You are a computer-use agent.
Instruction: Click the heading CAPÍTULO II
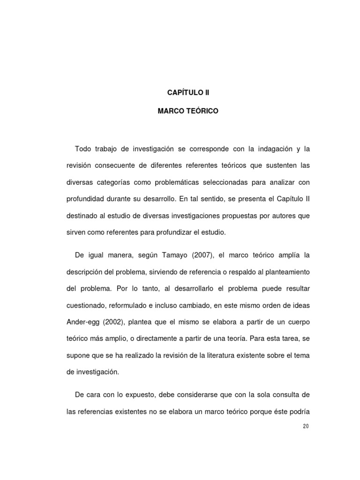tap(188, 93)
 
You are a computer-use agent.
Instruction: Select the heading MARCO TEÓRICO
tap(188, 112)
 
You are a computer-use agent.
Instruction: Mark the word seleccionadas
tap(246, 182)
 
